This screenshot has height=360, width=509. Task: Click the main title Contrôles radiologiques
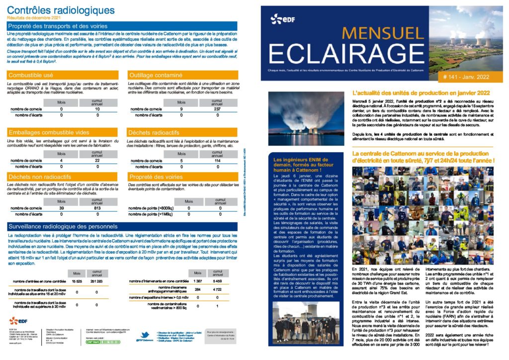point(61,10)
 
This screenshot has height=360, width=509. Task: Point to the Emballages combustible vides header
point(49,133)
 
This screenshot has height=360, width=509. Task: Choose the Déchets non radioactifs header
point(40,177)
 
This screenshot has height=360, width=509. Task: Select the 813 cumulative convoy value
point(97,208)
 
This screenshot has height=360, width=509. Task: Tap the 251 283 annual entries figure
point(97,281)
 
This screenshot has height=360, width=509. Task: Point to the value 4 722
point(217,289)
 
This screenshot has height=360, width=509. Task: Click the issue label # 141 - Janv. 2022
point(465,77)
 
